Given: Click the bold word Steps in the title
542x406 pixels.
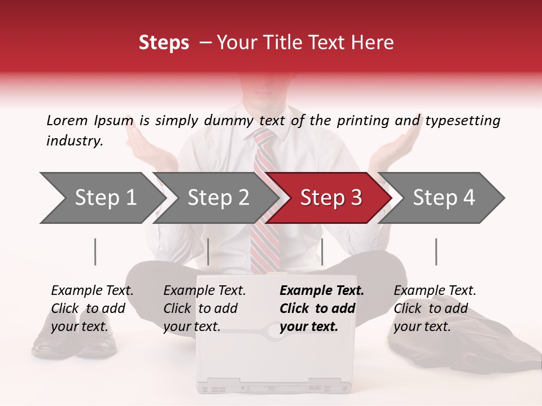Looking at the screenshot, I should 164,43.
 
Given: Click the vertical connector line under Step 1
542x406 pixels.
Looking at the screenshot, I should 95,251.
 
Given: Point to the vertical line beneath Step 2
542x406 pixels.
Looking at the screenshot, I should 208,251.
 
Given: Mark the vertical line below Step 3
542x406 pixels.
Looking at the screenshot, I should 322,251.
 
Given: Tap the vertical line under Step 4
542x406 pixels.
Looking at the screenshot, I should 436,251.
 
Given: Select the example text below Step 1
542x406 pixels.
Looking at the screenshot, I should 92,308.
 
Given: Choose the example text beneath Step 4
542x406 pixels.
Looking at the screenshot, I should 435,308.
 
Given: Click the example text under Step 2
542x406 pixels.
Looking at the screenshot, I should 204,308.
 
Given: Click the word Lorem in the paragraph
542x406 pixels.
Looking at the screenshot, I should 67,120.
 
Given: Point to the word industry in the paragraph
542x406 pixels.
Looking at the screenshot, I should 74,140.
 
